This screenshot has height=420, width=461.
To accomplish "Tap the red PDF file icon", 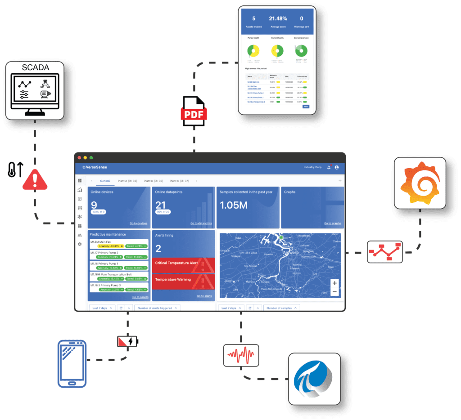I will (194, 110).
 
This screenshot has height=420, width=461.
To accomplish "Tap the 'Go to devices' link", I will (138, 223).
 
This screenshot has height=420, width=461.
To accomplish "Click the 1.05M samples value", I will (233, 205).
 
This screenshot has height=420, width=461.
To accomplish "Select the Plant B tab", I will (153, 181).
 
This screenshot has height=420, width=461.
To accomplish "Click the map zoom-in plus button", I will (334, 283).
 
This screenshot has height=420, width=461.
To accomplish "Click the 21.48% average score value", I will (278, 19).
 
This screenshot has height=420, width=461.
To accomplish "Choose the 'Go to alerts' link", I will (204, 296).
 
